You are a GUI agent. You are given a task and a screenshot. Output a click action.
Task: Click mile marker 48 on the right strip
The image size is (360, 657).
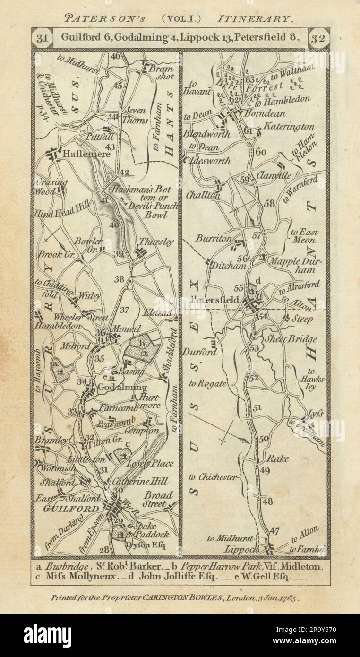267,501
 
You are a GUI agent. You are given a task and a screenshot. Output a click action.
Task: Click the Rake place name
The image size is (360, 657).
278,458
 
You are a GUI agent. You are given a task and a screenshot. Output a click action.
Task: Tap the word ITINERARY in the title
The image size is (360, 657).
255,19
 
